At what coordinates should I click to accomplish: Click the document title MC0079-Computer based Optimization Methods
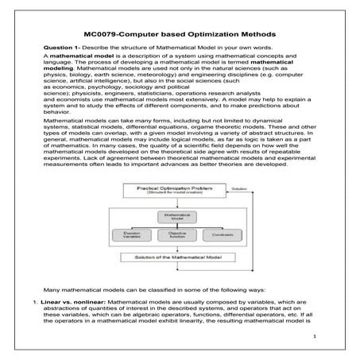pyautogui.click(x=180, y=36)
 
